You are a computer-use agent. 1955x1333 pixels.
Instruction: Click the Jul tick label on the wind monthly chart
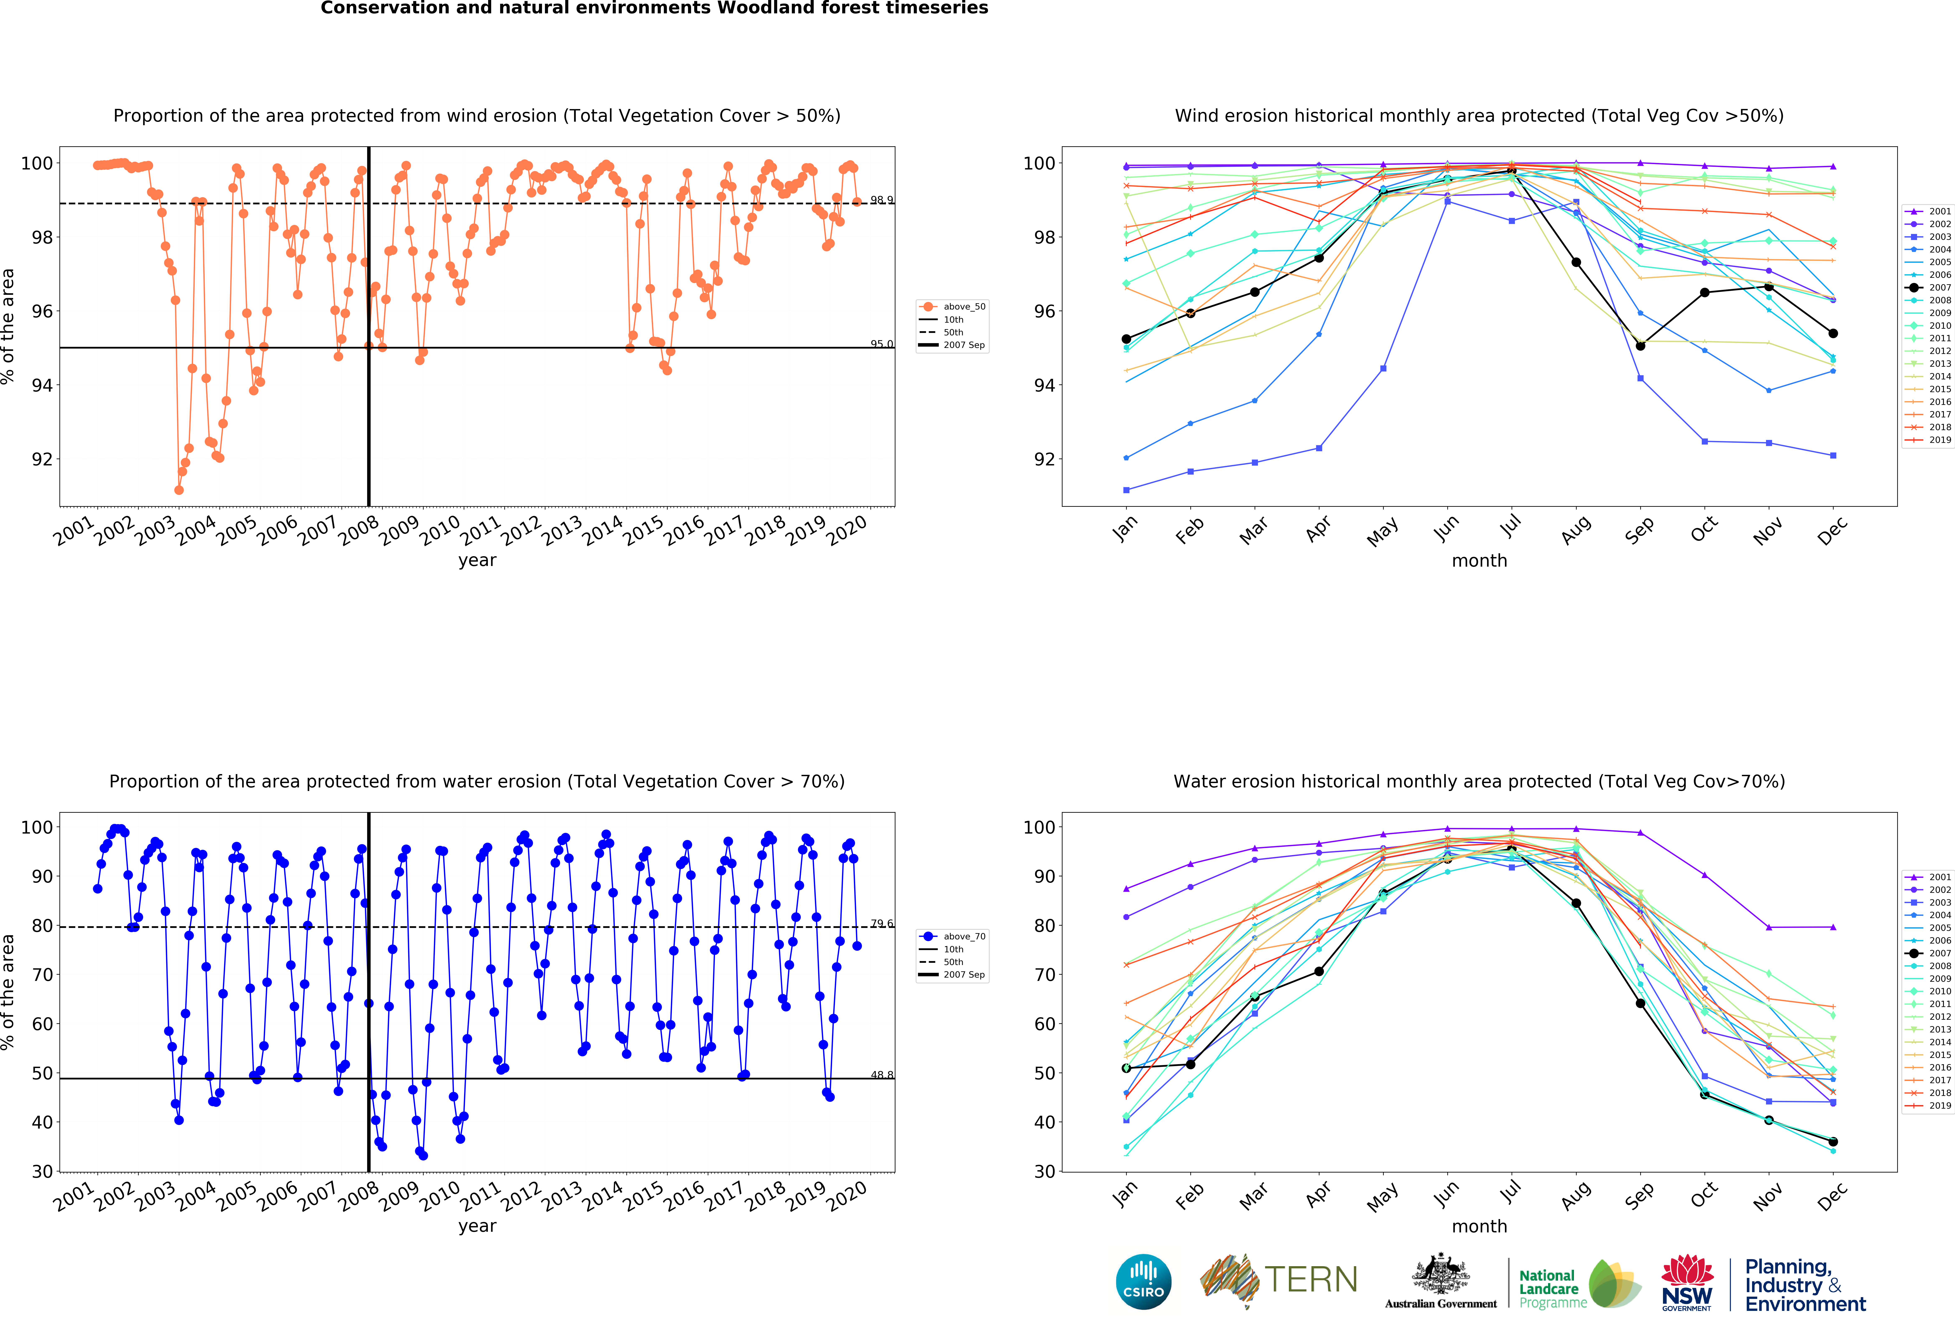point(1511,527)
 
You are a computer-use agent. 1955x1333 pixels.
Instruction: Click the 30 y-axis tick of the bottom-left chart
point(42,1171)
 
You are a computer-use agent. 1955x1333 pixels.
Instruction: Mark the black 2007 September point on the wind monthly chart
point(1640,346)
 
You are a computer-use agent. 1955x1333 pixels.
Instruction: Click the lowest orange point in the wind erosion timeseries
point(178,490)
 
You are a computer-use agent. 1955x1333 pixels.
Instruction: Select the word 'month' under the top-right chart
point(1479,560)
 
